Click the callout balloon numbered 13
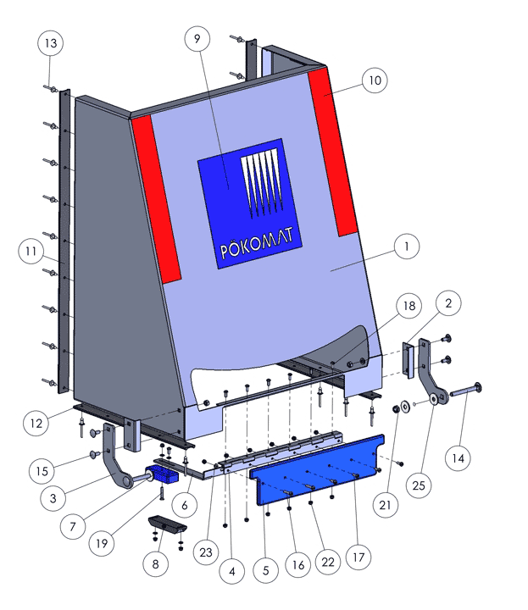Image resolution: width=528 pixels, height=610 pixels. point(51,43)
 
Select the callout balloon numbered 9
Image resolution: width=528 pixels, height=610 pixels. point(197,38)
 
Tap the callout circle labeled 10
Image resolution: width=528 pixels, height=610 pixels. point(375,80)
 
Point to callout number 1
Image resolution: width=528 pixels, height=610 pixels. point(407,247)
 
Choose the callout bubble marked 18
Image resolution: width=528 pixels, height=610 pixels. point(409,306)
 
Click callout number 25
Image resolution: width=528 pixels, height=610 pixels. point(419,485)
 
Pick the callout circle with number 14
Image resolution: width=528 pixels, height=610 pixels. point(458,458)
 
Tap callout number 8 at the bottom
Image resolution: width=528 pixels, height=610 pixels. point(156,564)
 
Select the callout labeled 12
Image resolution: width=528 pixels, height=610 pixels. point(36,424)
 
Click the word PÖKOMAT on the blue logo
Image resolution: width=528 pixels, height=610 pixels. point(257,243)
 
